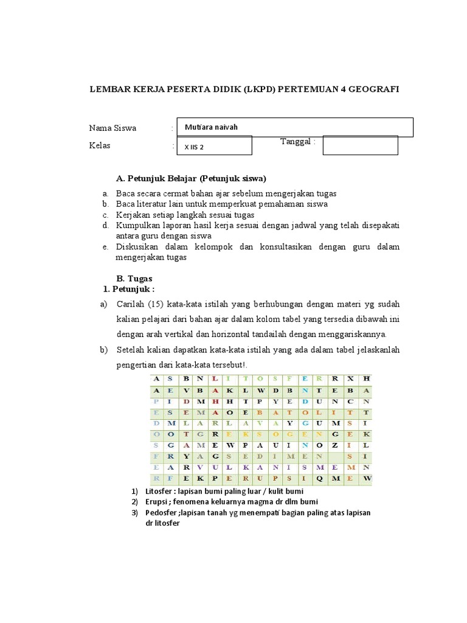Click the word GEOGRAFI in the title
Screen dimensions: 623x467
coord(374,89)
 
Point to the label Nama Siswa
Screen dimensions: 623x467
coord(112,128)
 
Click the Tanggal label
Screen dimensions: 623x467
coord(297,142)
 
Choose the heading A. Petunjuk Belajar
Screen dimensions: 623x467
coord(191,178)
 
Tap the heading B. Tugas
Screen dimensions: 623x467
coord(134,277)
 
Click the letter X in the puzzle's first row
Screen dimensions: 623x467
coord(351,378)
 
